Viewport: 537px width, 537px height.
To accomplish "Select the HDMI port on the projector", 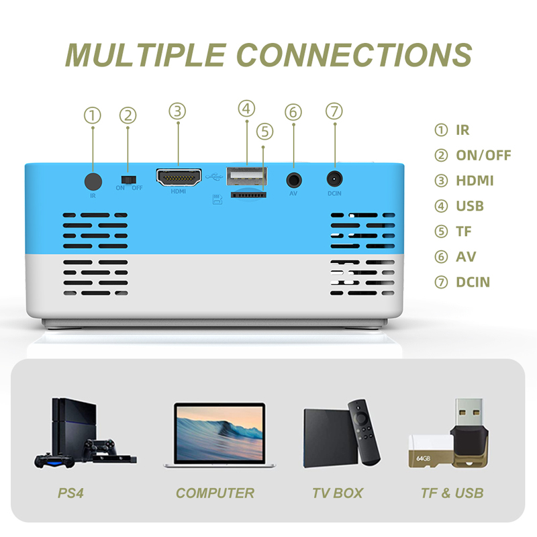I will [x=178, y=178].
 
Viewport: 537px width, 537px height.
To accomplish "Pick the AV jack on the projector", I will [x=293, y=179].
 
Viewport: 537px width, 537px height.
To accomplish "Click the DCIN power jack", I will [x=334, y=179].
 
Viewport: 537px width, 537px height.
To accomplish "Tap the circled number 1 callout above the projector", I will [x=93, y=115].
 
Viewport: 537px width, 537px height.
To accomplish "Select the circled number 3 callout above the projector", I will [x=177, y=111].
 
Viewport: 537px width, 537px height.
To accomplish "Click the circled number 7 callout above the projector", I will [x=334, y=111].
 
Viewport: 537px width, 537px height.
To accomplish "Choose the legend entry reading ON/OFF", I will [x=483, y=156].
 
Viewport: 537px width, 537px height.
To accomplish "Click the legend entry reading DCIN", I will [x=473, y=282].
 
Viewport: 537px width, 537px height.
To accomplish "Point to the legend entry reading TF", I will [x=464, y=232].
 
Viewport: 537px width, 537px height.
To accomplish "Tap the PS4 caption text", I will [x=70, y=493].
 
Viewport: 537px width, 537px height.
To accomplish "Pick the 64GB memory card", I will [x=428, y=456].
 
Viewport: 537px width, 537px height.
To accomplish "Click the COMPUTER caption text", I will [x=215, y=493].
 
